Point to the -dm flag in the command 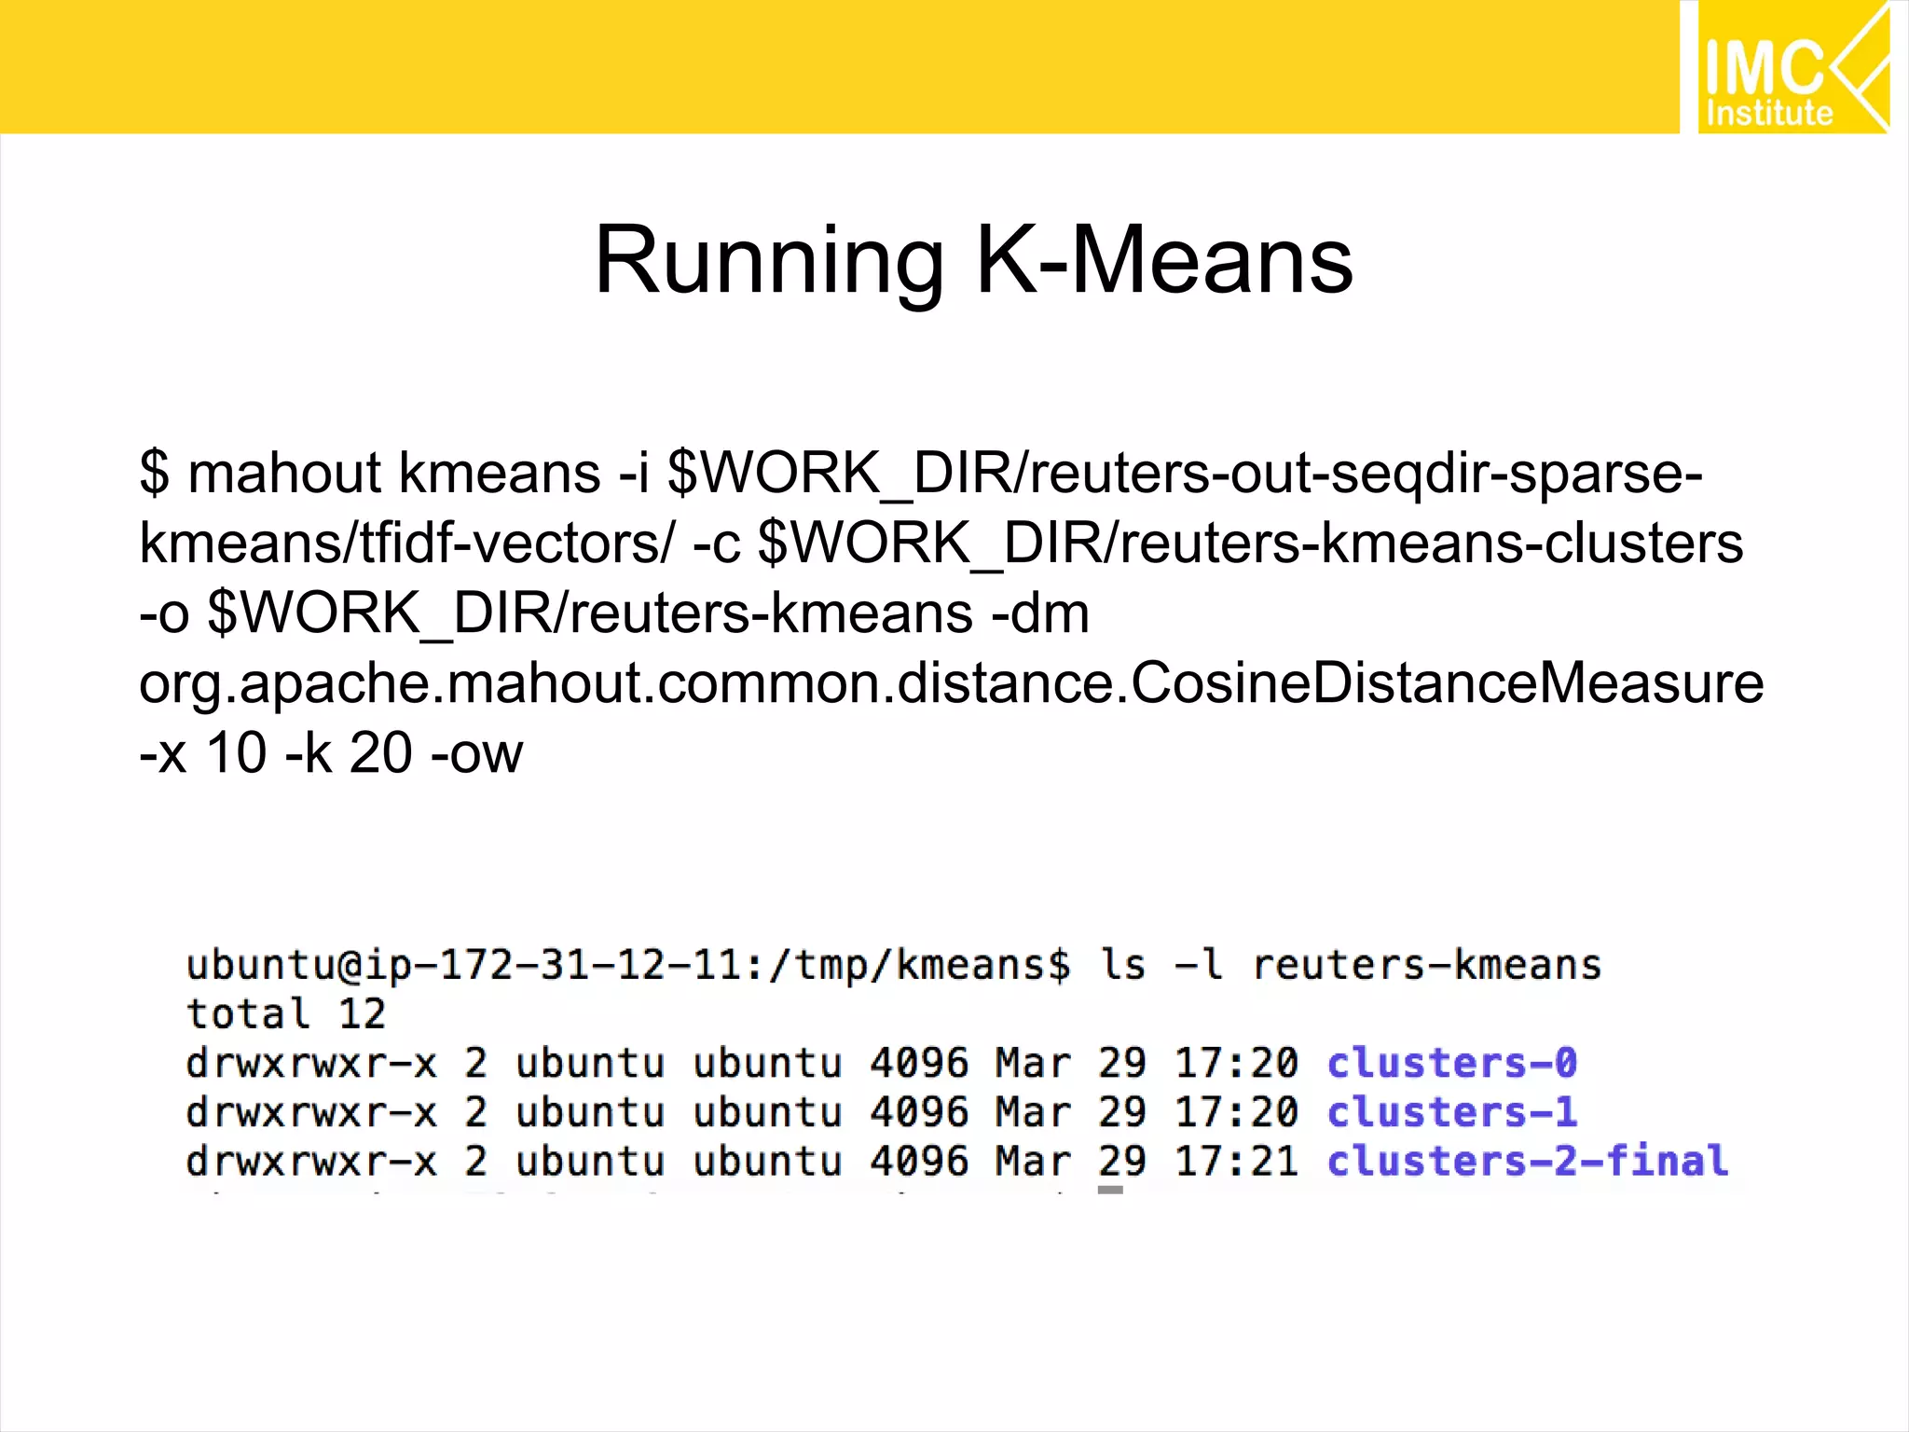coord(1040,613)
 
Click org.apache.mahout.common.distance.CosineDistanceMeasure coord(951,683)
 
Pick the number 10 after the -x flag coord(236,753)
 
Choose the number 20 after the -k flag coord(380,753)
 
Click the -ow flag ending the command coord(476,753)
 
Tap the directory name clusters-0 coord(1451,1063)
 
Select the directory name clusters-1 coord(1451,1112)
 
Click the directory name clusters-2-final coord(1527,1162)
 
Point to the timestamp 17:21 coord(1236,1162)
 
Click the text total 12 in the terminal coord(286,1014)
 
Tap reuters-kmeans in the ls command coord(1426,965)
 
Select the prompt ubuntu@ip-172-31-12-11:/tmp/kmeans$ coord(628,965)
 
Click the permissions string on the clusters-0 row coord(311,1063)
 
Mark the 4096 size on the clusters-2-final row coord(919,1162)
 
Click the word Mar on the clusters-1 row coord(1033,1112)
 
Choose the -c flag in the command coord(716,544)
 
